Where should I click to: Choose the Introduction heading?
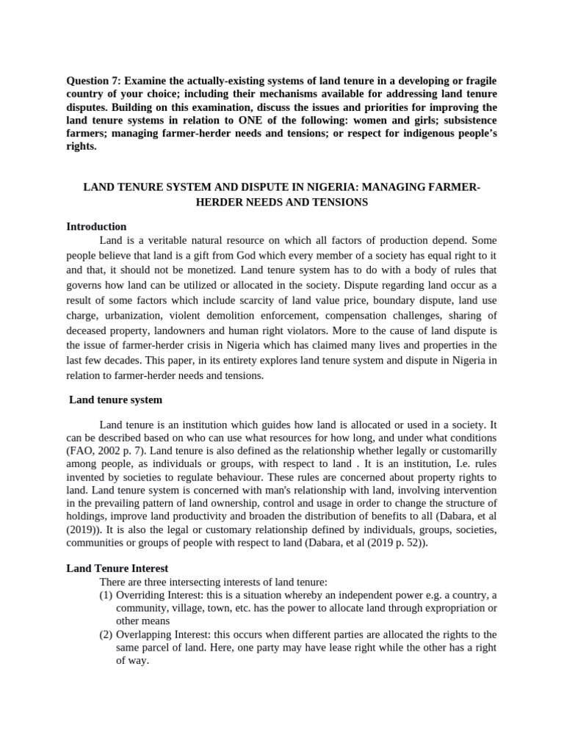[96, 226]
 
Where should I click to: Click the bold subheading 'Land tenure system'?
[115, 400]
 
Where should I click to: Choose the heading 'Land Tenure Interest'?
[117, 568]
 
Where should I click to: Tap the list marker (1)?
[106, 595]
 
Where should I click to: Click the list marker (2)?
[106, 634]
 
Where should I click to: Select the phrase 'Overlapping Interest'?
[162, 634]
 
